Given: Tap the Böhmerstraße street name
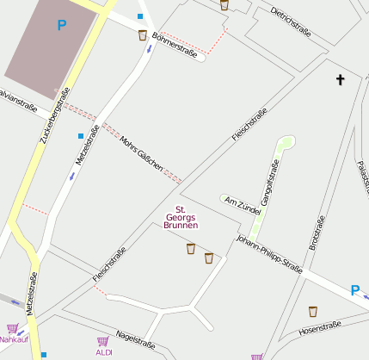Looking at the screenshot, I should click(174, 45).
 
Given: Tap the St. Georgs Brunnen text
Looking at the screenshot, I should click(181, 217).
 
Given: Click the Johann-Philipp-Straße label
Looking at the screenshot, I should click(269, 255).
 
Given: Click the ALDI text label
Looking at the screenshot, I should click(104, 352).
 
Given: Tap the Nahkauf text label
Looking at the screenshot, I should click(14, 339).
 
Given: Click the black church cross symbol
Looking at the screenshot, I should click(340, 80).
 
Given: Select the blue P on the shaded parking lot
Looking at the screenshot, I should click(60, 26).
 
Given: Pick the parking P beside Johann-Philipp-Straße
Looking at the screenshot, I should click(355, 291).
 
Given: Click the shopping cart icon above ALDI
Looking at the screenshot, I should click(104, 341).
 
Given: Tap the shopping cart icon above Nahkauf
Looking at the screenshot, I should click(12, 328).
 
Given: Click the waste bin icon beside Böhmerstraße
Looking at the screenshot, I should click(142, 35).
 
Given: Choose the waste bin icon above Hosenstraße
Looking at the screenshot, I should click(313, 311).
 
